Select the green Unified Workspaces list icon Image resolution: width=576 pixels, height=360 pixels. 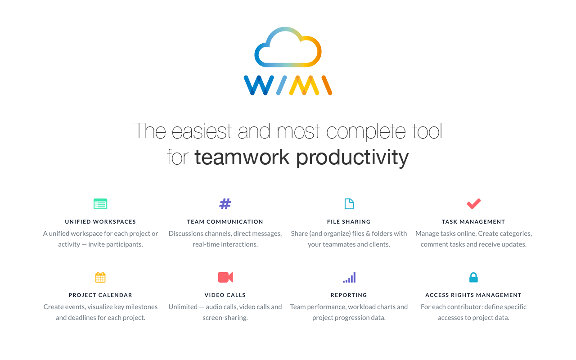point(100,204)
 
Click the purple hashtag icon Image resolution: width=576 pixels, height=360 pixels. point(225,204)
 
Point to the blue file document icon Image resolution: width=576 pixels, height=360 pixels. point(349,204)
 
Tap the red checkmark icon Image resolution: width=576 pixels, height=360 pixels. point(473,204)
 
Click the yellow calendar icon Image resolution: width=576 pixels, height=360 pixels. point(100,277)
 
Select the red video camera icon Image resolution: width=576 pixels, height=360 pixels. point(225,277)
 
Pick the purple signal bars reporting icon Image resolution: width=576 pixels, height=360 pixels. point(349,278)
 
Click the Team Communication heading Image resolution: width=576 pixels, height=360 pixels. point(225,222)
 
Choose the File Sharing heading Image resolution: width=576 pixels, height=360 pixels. point(349,222)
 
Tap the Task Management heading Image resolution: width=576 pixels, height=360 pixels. point(473,222)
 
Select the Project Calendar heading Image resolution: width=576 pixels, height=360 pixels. point(100,295)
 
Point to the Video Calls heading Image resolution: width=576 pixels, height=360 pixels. point(225,295)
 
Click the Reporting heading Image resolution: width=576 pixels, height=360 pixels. point(349,295)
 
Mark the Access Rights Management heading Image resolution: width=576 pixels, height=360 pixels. point(473,295)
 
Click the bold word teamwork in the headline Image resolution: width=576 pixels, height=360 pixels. point(242,157)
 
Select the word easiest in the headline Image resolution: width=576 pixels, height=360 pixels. point(202,131)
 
